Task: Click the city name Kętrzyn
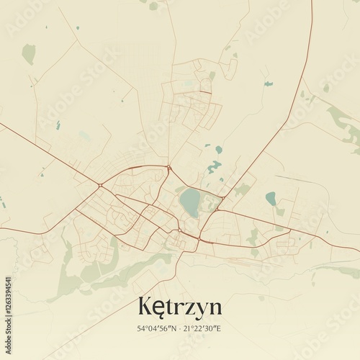[179, 307]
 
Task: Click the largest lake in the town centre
[190, 202]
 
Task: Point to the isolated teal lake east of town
[271, 198]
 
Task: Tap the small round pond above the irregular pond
[218, 150]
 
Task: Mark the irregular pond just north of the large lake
[214, 167]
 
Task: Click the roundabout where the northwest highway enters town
[100, 186]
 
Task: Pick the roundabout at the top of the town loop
[169, 168]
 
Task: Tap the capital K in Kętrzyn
[145, 307]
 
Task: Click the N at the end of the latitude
[174, 328]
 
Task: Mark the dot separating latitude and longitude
[181, 328]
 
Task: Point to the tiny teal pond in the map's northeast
[269, 84]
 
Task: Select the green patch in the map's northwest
[28, 53]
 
